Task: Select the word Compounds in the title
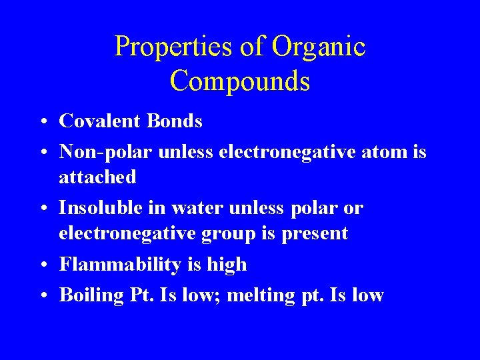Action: pyautogui.click(x=240, y=81)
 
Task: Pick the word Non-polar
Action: pyautogui.click(x=106, y=152)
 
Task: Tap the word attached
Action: pyautogui.click(x=97, y=177)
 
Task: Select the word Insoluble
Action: pyautogui.click(x=101, y=208)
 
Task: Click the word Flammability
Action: pyautogui.click(x=118, y=265)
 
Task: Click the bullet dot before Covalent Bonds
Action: pyautogui.click(x=42, y=122)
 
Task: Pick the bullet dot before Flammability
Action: pyautogui.click(x=42, y=266)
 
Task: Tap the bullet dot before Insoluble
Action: pyautogui.click(x=42, y=209)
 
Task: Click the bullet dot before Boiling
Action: pyautogui.click(x=42, y=296)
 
